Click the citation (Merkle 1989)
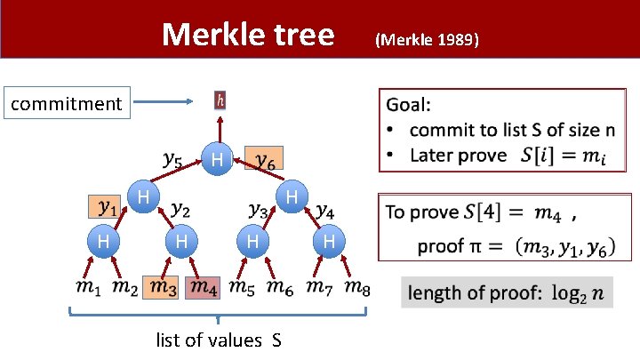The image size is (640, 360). pos(428,40)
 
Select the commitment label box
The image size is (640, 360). pos(67,104)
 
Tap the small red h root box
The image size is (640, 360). pos(220,100)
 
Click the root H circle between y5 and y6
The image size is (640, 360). pos(217,160)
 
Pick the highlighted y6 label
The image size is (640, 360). pos(263,159)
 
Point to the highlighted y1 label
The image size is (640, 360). pos(108,207)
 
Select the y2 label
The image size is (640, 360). pos(180,209)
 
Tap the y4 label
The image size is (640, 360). pos(325,211)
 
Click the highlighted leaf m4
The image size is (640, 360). pos(204,287)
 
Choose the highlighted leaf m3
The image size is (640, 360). pos(163,287)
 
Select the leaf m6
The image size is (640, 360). pos(281,287)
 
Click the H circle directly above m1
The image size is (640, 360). pos(104,241)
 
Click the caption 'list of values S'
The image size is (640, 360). pos(219,340)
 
